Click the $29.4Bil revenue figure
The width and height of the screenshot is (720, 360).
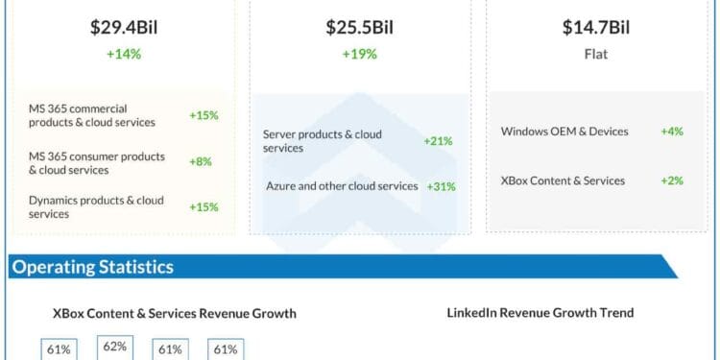tap(123, 27)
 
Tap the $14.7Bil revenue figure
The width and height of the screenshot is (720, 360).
tap(596, 27)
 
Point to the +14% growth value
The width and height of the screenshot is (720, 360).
tap(123, 55)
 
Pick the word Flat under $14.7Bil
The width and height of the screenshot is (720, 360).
tap(596, 55)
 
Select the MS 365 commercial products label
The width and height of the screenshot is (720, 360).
tap(90, 115)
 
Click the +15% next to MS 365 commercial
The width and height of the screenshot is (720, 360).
tap(204, 115)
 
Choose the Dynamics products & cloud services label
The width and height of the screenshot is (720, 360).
tap(96, 206)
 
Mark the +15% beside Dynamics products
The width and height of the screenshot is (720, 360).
tap(204, 206)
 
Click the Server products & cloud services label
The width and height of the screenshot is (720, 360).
tap(322, 141)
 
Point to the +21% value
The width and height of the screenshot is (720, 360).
tap(438, 141)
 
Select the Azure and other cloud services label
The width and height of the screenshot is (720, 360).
tap(342, 185)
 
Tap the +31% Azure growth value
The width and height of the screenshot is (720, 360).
tap(438, 185)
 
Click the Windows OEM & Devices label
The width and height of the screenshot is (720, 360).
tap(564, 131)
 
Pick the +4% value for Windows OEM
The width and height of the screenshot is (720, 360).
tap(671, 131)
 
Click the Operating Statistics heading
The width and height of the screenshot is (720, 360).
tap(92, 267)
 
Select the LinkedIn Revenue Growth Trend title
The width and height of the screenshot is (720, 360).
tap(540, 313)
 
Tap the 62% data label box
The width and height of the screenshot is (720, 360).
tap(114, 347)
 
